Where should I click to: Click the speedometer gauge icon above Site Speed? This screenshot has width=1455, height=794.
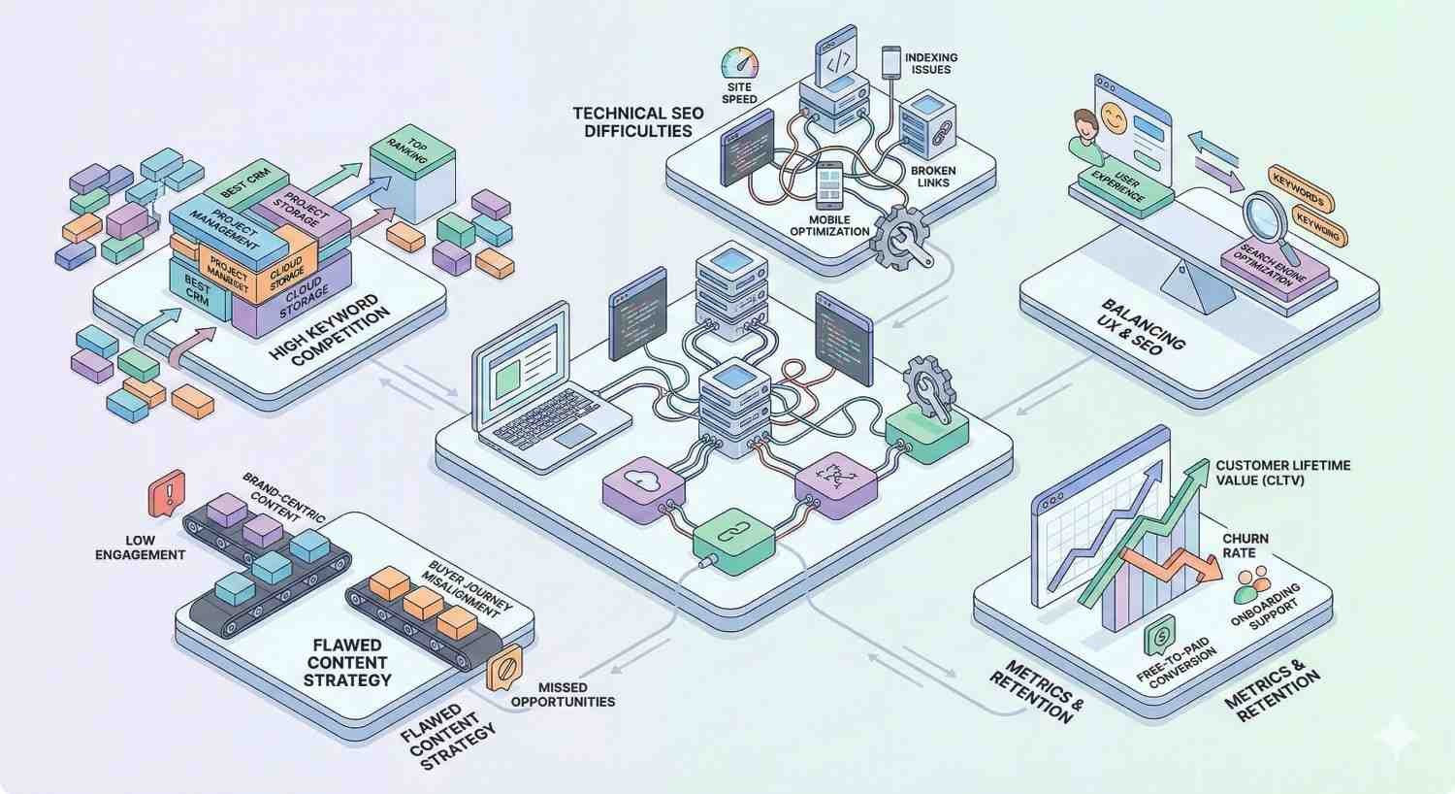click(740, 63)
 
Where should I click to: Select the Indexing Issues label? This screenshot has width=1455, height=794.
click(931, 64)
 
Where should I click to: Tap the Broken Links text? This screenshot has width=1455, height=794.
click(933, 177)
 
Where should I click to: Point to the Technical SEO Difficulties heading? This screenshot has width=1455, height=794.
click(637, 122)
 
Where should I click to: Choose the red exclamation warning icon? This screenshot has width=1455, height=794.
click(166, 492)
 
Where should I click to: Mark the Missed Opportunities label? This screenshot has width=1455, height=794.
click(563, 694)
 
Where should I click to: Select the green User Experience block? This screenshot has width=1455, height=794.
click(1125, 186)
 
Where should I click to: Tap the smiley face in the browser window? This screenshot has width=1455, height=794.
click(1115, 122)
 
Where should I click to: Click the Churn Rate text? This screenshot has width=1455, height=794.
click(1245, 546)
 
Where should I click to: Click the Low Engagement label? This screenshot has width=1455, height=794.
click(141, 547)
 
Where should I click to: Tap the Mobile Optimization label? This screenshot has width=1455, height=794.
click(829, 225)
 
